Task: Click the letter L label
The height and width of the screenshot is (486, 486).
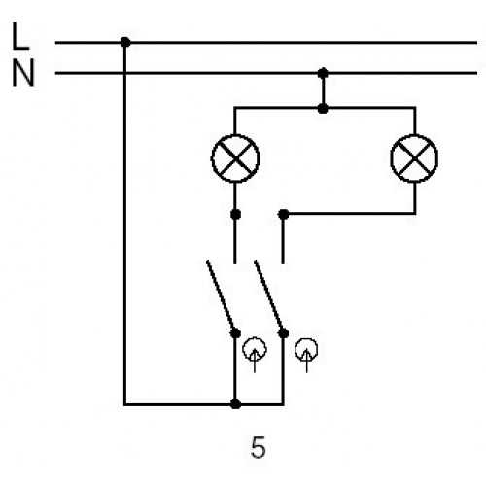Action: (x=20, y=36)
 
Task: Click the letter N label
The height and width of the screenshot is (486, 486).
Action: (x=23, y=73)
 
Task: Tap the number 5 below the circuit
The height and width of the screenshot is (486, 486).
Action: (x=259, y=447)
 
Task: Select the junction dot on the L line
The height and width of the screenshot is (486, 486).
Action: (x=125, y=42)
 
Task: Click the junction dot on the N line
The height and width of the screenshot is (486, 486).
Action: (x=323, y=73)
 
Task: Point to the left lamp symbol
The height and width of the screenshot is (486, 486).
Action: (x=235, y=158)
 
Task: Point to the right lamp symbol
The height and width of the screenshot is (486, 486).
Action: (x=414, y=158)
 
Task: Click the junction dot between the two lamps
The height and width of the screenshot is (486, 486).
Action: (x=323, y=109)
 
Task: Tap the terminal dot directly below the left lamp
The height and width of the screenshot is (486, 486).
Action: (x=235, y=214)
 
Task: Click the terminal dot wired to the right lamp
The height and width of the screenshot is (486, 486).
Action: (x=284, y=214)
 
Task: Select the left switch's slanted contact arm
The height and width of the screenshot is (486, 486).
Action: (x=221, y=296)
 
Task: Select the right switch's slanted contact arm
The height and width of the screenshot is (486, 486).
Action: (x=269, y=296)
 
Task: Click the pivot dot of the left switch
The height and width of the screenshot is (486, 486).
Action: (x=235, y=333)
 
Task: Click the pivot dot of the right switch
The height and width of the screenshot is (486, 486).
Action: (x=284, y=333)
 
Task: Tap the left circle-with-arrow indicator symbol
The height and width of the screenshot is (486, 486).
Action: (x=255, y=355)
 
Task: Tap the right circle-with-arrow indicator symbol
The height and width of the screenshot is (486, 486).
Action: (x=306, y=355)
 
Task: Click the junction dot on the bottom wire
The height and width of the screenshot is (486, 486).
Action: (x=235, y=404)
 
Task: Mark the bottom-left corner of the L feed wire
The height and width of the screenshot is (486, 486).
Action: (x=124, y=404)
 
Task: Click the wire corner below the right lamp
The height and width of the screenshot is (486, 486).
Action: (x=415, y=214)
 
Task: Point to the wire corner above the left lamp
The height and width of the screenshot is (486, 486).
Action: (x=235, y=108)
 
